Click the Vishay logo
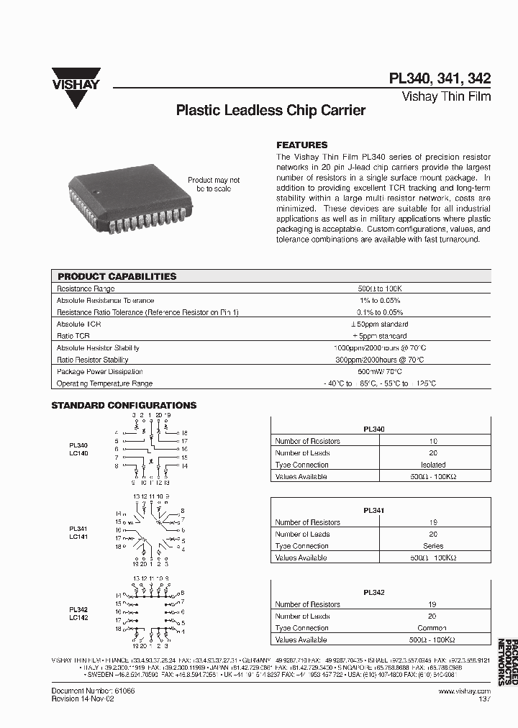click(76, 87)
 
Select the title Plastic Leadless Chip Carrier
click(271, 111)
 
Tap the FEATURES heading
click(302, 145)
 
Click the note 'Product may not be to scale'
click(214, 184)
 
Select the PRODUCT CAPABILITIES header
click(117, 276)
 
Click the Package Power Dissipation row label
click(94, 372)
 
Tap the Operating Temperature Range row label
click(104, 383)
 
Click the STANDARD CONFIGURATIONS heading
click(124, 406)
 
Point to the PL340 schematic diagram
click(152, 451)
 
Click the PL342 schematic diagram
click(152, 609)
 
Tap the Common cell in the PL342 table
click(432, 628)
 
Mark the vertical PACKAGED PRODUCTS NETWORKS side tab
click(507, 661)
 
